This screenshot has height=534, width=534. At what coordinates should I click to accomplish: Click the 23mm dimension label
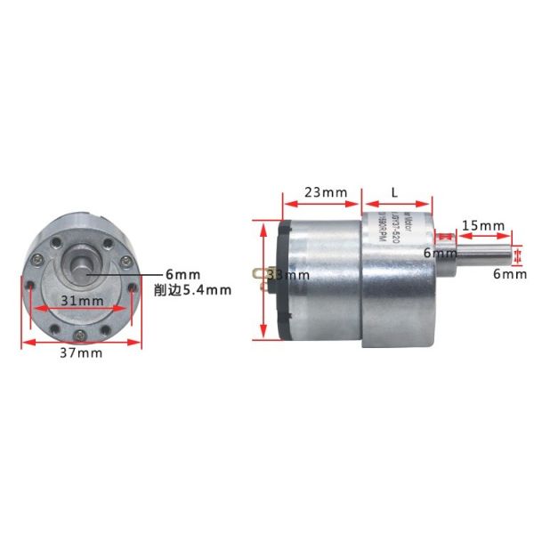320,192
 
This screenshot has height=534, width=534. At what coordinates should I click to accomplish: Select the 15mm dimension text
484,226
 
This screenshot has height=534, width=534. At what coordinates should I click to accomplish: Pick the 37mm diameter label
80,353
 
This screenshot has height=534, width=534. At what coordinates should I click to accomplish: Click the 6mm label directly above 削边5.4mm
189,274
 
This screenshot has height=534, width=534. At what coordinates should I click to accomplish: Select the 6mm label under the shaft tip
511,276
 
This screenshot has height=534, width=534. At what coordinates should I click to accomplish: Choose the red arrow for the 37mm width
80,342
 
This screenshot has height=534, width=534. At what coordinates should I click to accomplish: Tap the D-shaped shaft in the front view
83,264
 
